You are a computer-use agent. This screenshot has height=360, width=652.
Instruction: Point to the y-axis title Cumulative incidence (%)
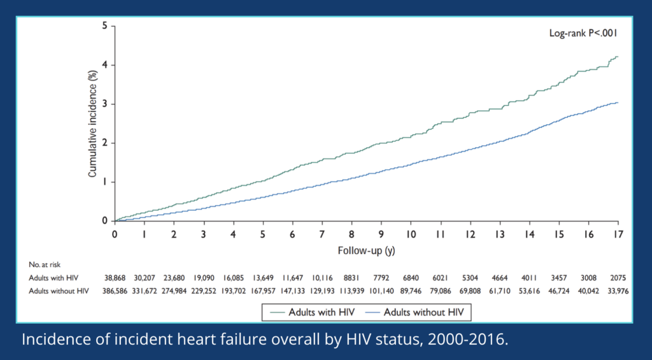[92, 124]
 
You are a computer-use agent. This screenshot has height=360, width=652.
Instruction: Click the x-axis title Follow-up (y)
[366, 250]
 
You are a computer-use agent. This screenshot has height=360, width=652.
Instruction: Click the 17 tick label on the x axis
[617, 234]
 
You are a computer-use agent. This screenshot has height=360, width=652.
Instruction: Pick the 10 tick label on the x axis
[411, 234]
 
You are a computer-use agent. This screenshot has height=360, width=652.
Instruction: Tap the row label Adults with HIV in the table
[54, 278]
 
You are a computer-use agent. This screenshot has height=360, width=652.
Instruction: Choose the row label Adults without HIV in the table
[59, 291]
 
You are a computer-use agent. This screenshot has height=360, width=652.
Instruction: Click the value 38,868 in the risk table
[115, 278]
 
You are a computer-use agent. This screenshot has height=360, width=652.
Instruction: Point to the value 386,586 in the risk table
[115, 291]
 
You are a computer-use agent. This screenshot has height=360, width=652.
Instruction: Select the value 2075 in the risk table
[616, 278]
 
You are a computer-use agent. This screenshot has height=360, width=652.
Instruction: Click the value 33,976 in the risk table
[616, 291]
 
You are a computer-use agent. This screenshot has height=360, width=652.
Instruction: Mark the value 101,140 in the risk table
[381, 291]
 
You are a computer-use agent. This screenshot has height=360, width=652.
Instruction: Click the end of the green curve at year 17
[617, 57]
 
